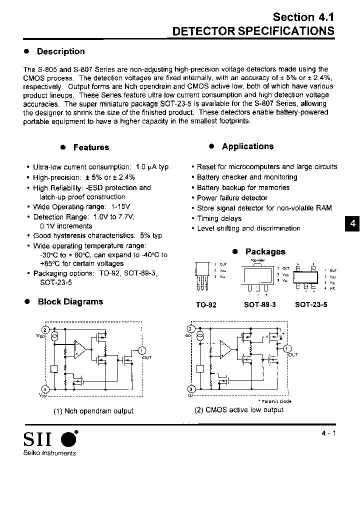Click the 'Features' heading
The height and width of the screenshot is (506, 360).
(x=91, y=147)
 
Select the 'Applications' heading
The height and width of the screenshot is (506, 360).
(x=247, y=146)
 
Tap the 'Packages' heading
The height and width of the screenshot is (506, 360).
(x=265, y=252)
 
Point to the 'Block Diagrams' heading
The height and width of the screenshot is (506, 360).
(x=70, y=302)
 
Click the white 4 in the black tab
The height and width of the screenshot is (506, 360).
(x=352, y=224)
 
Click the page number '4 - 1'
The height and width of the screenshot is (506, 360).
(x=328, y=434)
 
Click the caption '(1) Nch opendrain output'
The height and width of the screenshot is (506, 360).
(x=93, y=411)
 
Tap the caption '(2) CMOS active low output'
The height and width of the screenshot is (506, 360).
(x=239, y=410)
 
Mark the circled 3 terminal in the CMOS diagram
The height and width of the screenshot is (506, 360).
(x=190, y=389)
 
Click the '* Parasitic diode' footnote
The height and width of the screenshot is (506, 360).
(x=274, y=401)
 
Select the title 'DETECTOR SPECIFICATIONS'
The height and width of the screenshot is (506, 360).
(x=253, y=30)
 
